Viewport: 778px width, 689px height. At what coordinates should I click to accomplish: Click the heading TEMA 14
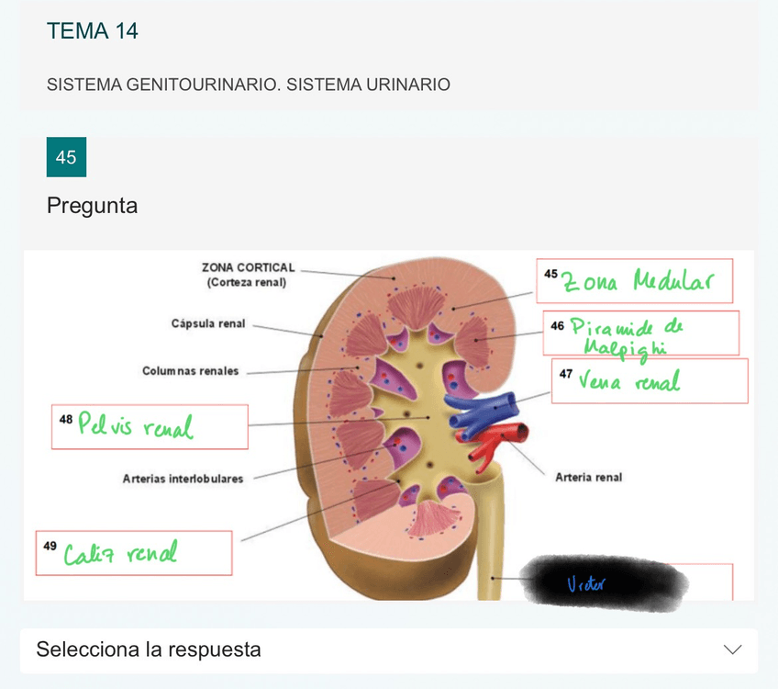(92, 31)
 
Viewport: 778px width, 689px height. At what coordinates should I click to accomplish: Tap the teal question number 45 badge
(66, 157)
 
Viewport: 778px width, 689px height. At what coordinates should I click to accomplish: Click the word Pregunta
(92, 206)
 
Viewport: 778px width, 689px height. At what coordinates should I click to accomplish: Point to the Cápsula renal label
(208, 323)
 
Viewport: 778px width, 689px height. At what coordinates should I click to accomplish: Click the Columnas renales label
(190, 371)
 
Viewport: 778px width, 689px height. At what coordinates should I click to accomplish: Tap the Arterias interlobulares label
(183, 479)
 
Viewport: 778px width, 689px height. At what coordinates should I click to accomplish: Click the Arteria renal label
(588, 477)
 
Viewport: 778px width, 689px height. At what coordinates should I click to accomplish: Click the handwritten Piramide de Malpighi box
(640, 333)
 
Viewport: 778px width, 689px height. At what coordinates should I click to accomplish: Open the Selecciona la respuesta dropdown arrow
(732, 649)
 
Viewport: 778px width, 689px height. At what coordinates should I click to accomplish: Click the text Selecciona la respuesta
(148, 649)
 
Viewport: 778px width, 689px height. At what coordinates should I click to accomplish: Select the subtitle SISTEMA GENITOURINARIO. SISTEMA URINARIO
(248, 85)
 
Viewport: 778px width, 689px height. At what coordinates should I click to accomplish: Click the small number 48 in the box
(65, 419)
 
